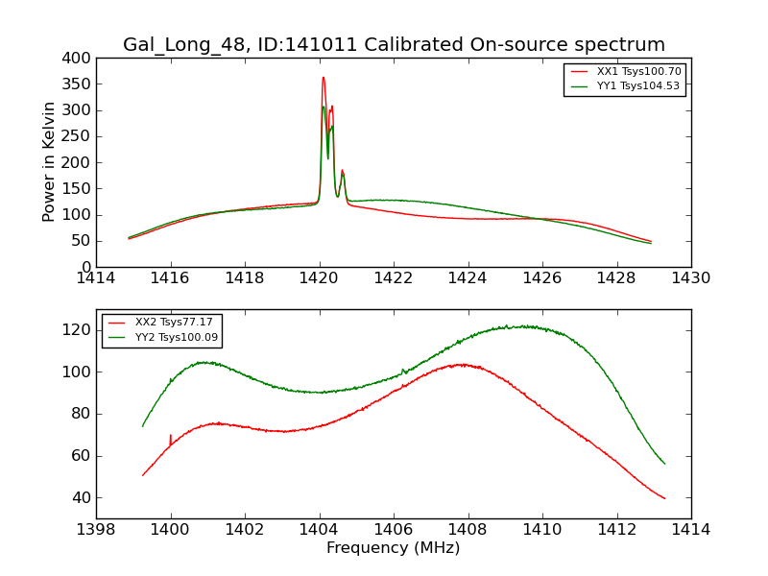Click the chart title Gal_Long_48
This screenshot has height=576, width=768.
[x=394, y=45]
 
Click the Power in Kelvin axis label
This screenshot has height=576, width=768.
[x=49, y=162]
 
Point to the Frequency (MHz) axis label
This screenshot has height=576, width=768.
[x=394, y=548]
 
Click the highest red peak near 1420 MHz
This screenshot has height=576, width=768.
[x=324, y=78]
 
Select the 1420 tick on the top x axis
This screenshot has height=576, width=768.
[x=320, y=278]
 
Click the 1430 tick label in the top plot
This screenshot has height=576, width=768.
[x=691, y=278]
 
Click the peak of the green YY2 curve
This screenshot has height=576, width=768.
[x=523, y=326]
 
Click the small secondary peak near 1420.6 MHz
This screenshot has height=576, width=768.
[x=342, y=171]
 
